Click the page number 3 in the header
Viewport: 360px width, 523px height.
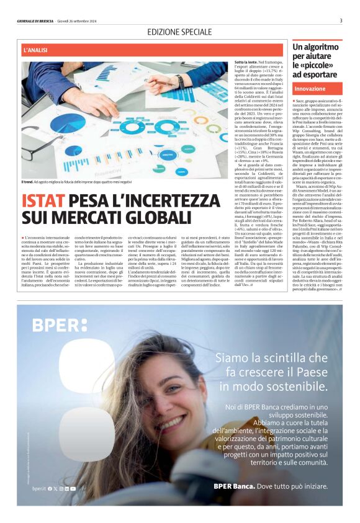coord(341,20)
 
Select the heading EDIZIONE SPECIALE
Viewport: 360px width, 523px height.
coord(179,32)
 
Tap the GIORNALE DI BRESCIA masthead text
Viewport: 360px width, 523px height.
coord(37,21)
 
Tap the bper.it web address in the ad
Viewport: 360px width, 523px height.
coord(38,488)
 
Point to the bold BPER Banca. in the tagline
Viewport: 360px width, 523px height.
coord(235,486)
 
